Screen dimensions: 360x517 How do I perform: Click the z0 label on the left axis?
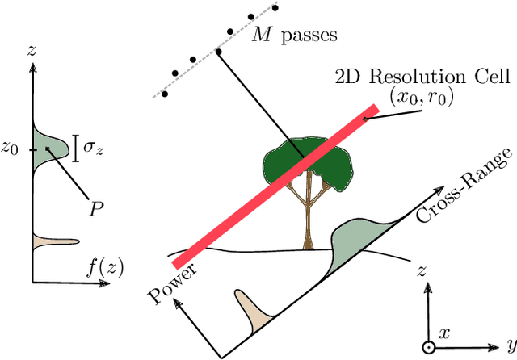[x=10, y=149]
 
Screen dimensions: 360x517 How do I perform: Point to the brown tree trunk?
[x=308, y=226]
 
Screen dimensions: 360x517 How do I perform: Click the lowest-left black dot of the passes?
[x=164, y=94]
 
